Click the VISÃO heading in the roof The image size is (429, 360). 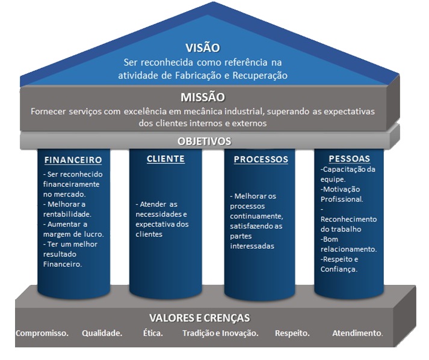(x=203, y=48)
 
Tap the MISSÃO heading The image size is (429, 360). (x=203, y=97)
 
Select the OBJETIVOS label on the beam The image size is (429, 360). (x=205, y=141)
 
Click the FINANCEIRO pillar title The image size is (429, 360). (x=73, y=160)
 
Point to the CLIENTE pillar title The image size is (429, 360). (x=165, y=159)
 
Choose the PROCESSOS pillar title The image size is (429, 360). (x=261, y=159)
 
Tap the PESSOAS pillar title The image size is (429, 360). (x=350, y=159)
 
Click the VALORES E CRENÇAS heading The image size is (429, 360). (x=200, y=318)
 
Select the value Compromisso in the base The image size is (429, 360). (x=42, y=333)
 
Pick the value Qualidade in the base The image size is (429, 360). (x=102, y=333)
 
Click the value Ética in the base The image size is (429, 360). (x=153, y=333)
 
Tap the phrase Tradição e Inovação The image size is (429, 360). (x=221, y=333)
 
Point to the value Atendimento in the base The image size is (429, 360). (x=357, y=333)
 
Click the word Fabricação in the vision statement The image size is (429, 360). (x=198, y=76)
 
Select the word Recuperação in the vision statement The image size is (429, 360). (x=260, y=76)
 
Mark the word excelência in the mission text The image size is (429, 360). (x=145, y=112)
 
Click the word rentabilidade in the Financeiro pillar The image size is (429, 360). (x=67, y=214)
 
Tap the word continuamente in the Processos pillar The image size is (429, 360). (x=257, y=216)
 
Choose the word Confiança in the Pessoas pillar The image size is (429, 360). (x=339, y=269)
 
